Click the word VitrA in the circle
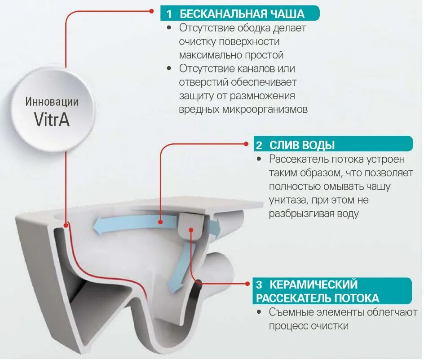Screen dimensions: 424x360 pyautogui.click(x=52, y=119)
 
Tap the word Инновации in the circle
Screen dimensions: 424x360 pyautogui.click(x=52, y=102)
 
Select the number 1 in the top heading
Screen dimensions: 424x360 pyautogui.click(x=169, y=13)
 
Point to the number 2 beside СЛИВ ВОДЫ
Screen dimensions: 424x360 pyautogui.click(x=259, y=145)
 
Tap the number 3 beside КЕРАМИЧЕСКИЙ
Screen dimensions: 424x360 pyautogui.click(x=259, y=284)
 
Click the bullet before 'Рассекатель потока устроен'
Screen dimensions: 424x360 pyautogui.click(x=259, y=160)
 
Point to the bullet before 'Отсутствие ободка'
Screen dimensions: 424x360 pyautogui.click(x=169, y=28)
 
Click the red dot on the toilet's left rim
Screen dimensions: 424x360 pyautogui.click(x=66, y=224)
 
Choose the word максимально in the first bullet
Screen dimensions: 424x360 pyautogui.click(x=205, y=55)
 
